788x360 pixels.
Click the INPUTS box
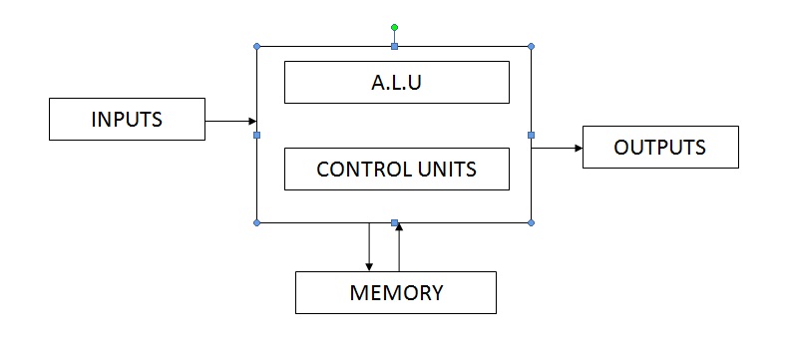127,120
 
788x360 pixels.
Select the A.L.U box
396,82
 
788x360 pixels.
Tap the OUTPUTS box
659,147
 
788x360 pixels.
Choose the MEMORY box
395,292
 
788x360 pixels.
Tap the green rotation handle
395,27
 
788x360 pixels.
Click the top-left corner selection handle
257,46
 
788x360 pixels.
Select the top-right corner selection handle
531,46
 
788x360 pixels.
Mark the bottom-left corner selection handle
257,222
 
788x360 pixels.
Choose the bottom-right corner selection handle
531,222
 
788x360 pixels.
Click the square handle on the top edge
395,46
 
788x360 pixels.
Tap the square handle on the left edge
257,135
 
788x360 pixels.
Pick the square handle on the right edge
531,135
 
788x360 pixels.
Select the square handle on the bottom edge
395,222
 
